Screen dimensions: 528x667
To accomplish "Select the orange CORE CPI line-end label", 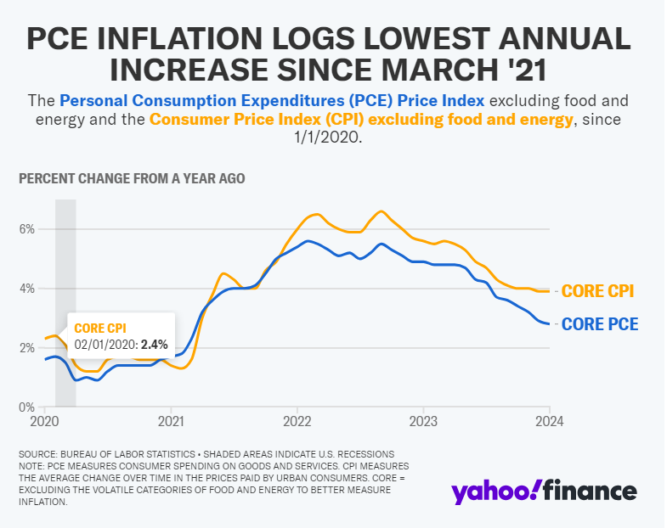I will [598, 291].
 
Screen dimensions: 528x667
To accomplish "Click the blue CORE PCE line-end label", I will [599, 324].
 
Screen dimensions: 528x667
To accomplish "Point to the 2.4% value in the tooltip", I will [154, 344].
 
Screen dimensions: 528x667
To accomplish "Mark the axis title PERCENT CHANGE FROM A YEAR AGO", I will [132, 179].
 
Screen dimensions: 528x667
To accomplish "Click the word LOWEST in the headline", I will [393, 39].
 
